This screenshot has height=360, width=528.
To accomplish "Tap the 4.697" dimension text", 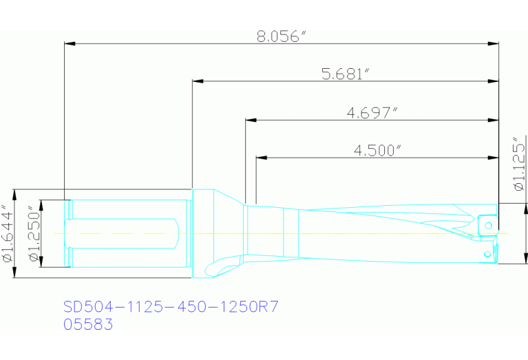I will point(372,112).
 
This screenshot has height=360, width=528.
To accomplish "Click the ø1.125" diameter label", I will point(518,165).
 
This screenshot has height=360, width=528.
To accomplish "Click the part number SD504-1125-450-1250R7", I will point(171,306).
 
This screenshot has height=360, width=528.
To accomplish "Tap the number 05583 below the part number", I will point(88,324).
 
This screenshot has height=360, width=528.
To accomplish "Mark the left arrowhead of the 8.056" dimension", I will point(70,44).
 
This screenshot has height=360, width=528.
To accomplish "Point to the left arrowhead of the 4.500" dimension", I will point(262,158).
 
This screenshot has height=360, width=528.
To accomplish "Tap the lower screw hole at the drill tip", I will point(487,256).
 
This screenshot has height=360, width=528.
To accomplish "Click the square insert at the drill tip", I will point(487,226).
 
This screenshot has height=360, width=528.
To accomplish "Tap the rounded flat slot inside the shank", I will point(124,233).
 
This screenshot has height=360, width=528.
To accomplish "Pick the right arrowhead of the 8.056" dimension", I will point(494,44).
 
